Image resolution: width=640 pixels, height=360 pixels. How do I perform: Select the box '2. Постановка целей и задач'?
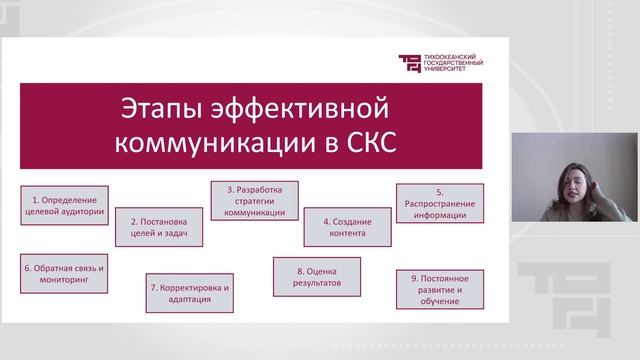pyautogui.click(x=159, y=226)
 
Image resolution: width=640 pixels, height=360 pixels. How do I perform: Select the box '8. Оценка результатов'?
pyautogui.click(x=312, y=276)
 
